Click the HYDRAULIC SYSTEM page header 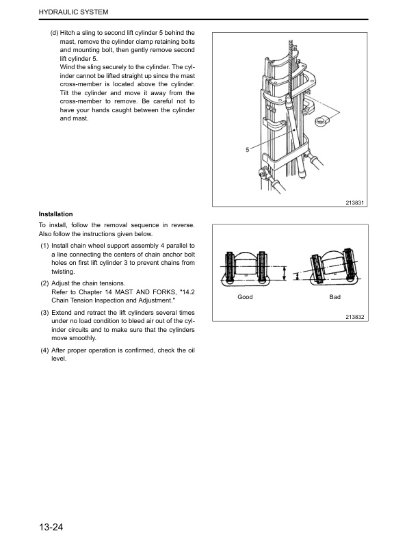(74, 12)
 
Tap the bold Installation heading (55, 214)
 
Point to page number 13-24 (51, 527)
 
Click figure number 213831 (355, 203)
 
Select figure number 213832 (355, 317)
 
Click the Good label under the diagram (245, 297)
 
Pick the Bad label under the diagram (334, 297)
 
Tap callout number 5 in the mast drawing (248, 150)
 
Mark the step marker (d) (54, 33)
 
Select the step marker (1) (44, 246)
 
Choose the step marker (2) (44, 283)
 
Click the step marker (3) (44, 313)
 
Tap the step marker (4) (44, 350)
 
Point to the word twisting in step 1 (63, 272)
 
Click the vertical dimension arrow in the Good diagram (285, 274)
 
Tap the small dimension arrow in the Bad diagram (296, 276)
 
